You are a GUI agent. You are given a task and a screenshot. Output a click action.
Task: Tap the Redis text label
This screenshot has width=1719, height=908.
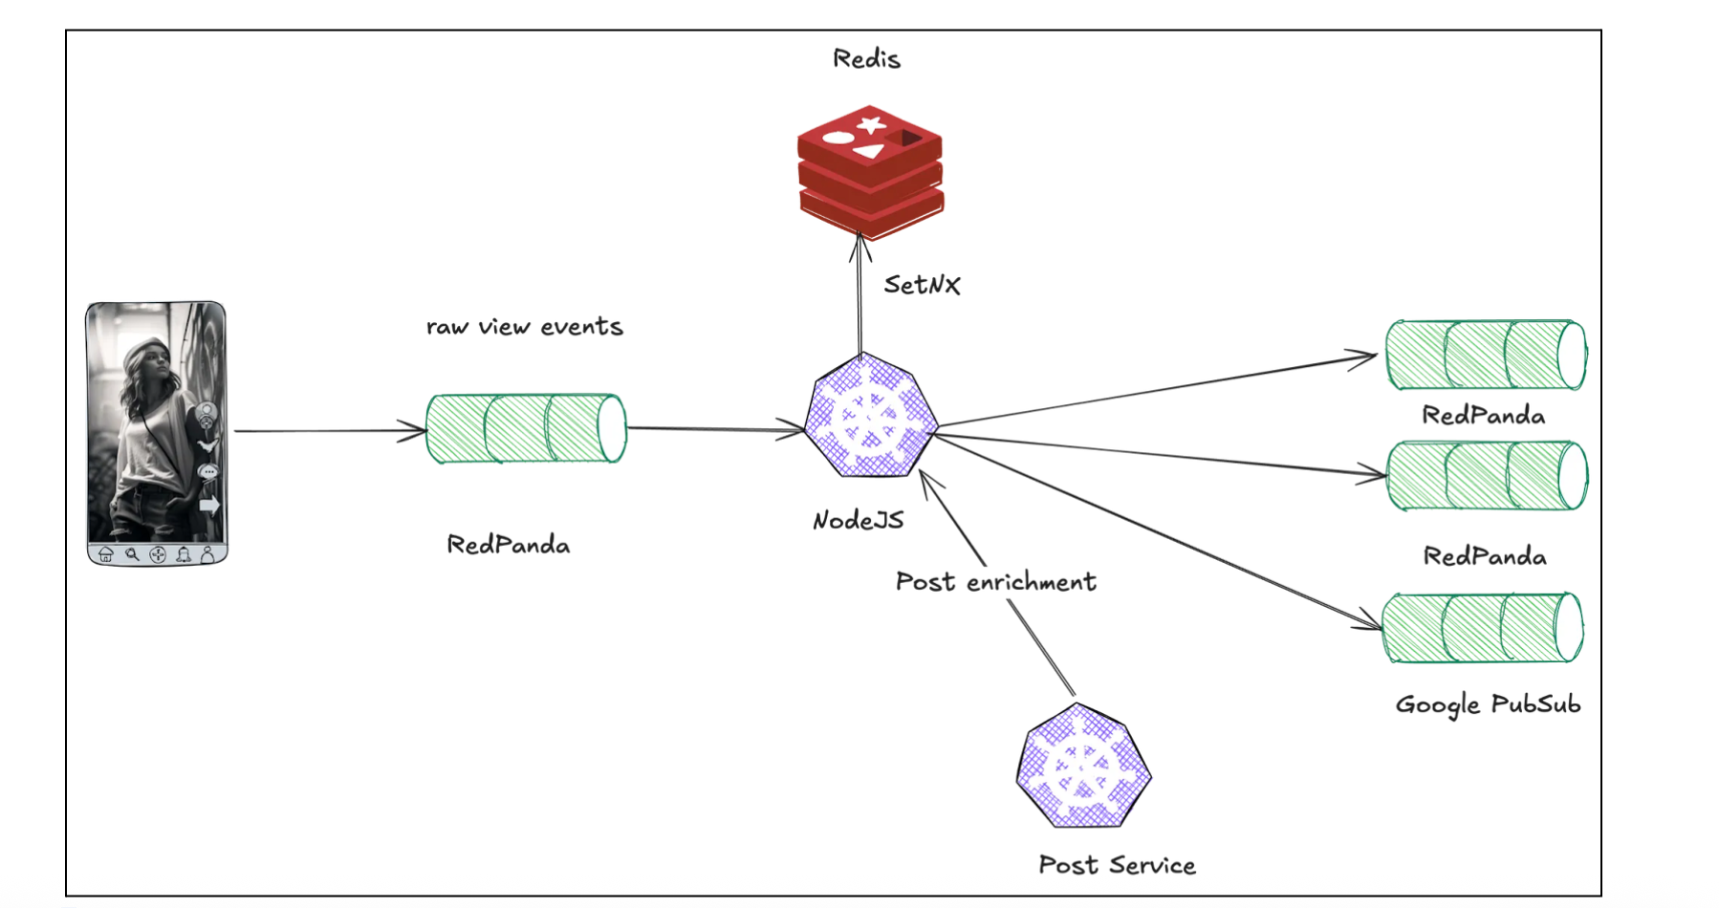click(866, 59)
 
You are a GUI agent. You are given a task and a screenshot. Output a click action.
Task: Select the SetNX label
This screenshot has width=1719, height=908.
click(922, 285)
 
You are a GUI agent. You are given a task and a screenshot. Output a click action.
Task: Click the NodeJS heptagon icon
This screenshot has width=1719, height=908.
click(870, 417)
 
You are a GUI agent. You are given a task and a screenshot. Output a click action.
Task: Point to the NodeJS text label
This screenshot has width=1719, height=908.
click(858, 520)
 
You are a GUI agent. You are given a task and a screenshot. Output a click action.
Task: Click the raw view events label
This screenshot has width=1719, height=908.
click(524, 327)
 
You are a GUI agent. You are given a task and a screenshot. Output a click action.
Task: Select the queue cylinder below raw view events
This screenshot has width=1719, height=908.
click(526, 428)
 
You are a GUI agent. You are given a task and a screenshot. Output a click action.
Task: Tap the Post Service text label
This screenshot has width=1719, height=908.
click(1117, 865)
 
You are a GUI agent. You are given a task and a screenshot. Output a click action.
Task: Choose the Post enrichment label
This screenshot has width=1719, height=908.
click(995, 582)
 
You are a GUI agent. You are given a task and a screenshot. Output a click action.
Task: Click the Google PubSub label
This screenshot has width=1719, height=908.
click(1488, 704)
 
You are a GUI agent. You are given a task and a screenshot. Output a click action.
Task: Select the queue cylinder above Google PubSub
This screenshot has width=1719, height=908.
click(1483, 628)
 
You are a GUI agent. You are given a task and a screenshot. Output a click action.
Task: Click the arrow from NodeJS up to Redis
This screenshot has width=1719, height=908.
click(859, 296)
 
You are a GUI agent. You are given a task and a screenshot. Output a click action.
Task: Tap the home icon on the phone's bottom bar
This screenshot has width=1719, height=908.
click(106, 554)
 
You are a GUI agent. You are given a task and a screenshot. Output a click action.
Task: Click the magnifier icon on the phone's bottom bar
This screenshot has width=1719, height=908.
click(132, 554)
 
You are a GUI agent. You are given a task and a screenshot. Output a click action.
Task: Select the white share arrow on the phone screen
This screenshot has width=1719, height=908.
click(209, 505)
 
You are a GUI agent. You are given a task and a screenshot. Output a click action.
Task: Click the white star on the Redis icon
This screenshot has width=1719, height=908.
click(870, 124)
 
